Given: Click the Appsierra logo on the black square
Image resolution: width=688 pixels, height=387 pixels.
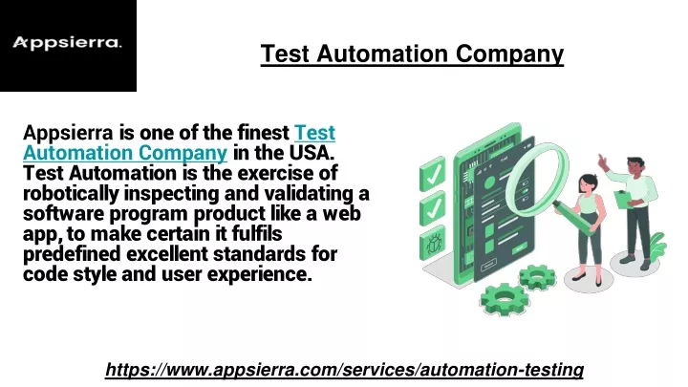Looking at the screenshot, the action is pos(67,43).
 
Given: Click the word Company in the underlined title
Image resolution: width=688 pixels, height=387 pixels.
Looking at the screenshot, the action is pos(509,54).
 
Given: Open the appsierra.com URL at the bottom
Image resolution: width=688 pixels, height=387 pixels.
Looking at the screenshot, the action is pos(344,370).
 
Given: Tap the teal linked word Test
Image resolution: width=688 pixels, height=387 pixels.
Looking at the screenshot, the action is pos(314,133).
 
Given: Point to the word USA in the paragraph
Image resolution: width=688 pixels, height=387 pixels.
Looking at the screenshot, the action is pos(312,153).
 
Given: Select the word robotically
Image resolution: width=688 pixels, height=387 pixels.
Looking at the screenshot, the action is pos(71,194).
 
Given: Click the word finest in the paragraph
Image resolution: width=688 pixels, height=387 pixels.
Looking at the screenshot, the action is pos(264,133).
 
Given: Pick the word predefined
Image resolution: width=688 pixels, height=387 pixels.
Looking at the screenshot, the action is pos(72,254).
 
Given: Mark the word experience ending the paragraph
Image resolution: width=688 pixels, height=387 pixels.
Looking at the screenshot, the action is pos(259,275).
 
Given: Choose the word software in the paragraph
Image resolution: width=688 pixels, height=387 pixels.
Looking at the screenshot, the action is pos(64,214).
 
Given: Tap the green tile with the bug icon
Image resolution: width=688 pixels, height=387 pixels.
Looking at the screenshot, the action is pos(434,243).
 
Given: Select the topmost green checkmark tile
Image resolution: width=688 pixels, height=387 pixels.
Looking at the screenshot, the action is pos(433,174).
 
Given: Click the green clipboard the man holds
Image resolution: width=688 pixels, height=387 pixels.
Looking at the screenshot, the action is pos(622,199).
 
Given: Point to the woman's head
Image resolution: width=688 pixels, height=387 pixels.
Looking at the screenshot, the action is pos(588,183).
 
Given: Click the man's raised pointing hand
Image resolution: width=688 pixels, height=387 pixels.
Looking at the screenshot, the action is pos(603,161).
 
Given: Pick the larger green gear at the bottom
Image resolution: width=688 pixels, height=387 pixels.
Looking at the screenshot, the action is pos(505,299).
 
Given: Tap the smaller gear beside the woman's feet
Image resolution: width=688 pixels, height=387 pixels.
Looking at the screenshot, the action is pos(537,277).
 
